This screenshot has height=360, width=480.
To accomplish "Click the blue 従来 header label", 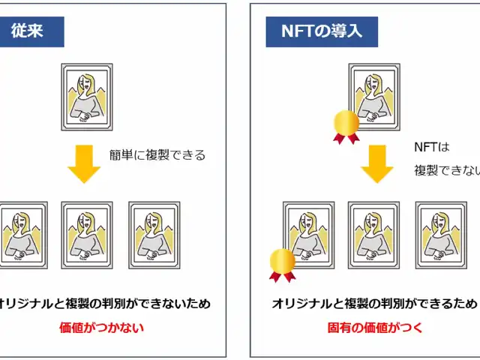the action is tap(31, 31).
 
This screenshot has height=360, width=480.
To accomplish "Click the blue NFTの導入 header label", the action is tap(322, 31).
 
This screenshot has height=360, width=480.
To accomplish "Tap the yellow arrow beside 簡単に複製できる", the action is tap(84, 163).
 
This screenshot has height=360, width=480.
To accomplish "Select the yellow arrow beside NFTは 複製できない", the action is tap(376, 163).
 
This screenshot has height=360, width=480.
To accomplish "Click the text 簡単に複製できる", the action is tap(157, 155).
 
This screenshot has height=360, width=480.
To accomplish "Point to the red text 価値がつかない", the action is tap(102, 328).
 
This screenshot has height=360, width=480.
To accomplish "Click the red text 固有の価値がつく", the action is tap(375, 328).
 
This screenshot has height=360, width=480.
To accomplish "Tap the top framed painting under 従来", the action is tap(87, 97).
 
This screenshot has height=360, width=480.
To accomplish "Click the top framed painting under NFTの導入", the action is tap(374, 97).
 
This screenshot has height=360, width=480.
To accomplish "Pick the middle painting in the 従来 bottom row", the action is tap(87, 235).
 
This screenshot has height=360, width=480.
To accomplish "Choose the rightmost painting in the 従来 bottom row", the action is tap(154, 235).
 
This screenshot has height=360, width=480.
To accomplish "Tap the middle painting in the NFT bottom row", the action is tap(373, 235).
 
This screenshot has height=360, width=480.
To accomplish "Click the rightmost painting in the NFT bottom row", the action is tap(441, 235).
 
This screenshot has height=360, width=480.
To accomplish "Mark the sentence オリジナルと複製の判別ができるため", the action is tap(374, 304).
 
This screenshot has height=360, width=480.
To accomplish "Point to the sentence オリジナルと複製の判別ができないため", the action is tap(104, 304).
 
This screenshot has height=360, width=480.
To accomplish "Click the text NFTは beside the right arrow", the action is tap(432, 147).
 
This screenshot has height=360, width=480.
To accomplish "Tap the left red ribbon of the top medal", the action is tap(339, 139).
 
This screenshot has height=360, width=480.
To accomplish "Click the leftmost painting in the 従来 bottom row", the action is tap(24, 235).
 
